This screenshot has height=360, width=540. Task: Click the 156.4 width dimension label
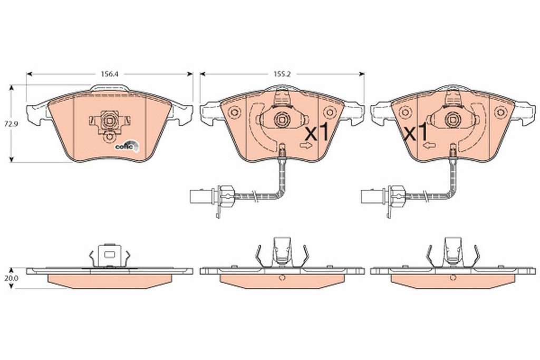tap(110, 74)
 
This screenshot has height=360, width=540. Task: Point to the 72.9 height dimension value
tap(6, 124)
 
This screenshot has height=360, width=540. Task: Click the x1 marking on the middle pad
tap(317, 133)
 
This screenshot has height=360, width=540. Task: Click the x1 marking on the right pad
tap(416, 133)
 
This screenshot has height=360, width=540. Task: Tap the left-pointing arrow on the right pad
tap(430, 144)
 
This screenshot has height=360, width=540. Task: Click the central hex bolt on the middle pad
tap(281, 118)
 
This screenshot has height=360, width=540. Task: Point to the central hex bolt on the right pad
tap(452, 118)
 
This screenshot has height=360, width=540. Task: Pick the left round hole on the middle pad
tap(235, 112)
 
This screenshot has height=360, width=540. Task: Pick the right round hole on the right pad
tap(500, 112)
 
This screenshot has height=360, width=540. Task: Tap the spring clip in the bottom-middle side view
tap(282, 251)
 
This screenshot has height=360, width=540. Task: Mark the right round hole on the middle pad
tap(329, 112)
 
